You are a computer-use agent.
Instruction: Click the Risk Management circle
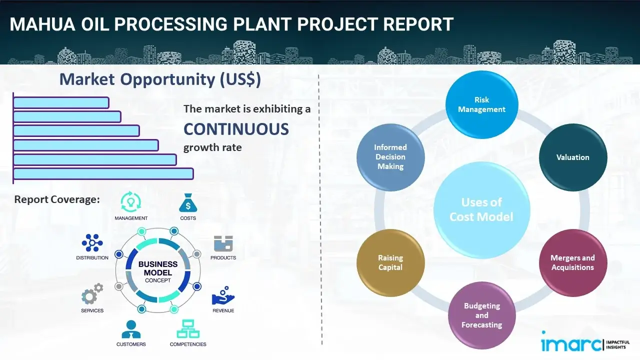481,105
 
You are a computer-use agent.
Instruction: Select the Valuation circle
572,157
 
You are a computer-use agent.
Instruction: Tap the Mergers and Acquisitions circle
572,262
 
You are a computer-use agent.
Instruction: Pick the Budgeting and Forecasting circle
481,315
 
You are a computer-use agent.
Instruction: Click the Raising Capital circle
390,262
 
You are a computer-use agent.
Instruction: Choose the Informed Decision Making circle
390,157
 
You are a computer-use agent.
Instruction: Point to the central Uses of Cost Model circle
481,209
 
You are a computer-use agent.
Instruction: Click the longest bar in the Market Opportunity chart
103,173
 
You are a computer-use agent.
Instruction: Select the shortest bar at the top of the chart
61,102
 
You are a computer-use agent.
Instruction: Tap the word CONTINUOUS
236,129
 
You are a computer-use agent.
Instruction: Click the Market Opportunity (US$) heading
159,79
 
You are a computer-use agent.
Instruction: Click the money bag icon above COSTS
188,203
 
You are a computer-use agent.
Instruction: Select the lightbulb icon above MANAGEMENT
131,202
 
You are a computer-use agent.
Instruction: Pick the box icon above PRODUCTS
223,244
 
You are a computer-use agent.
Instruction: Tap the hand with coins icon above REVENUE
223,296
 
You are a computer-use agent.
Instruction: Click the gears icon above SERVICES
92,295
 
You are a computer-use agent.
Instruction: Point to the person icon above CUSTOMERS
131,329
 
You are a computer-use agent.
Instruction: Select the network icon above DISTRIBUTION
92,243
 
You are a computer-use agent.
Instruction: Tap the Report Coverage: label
57,199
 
